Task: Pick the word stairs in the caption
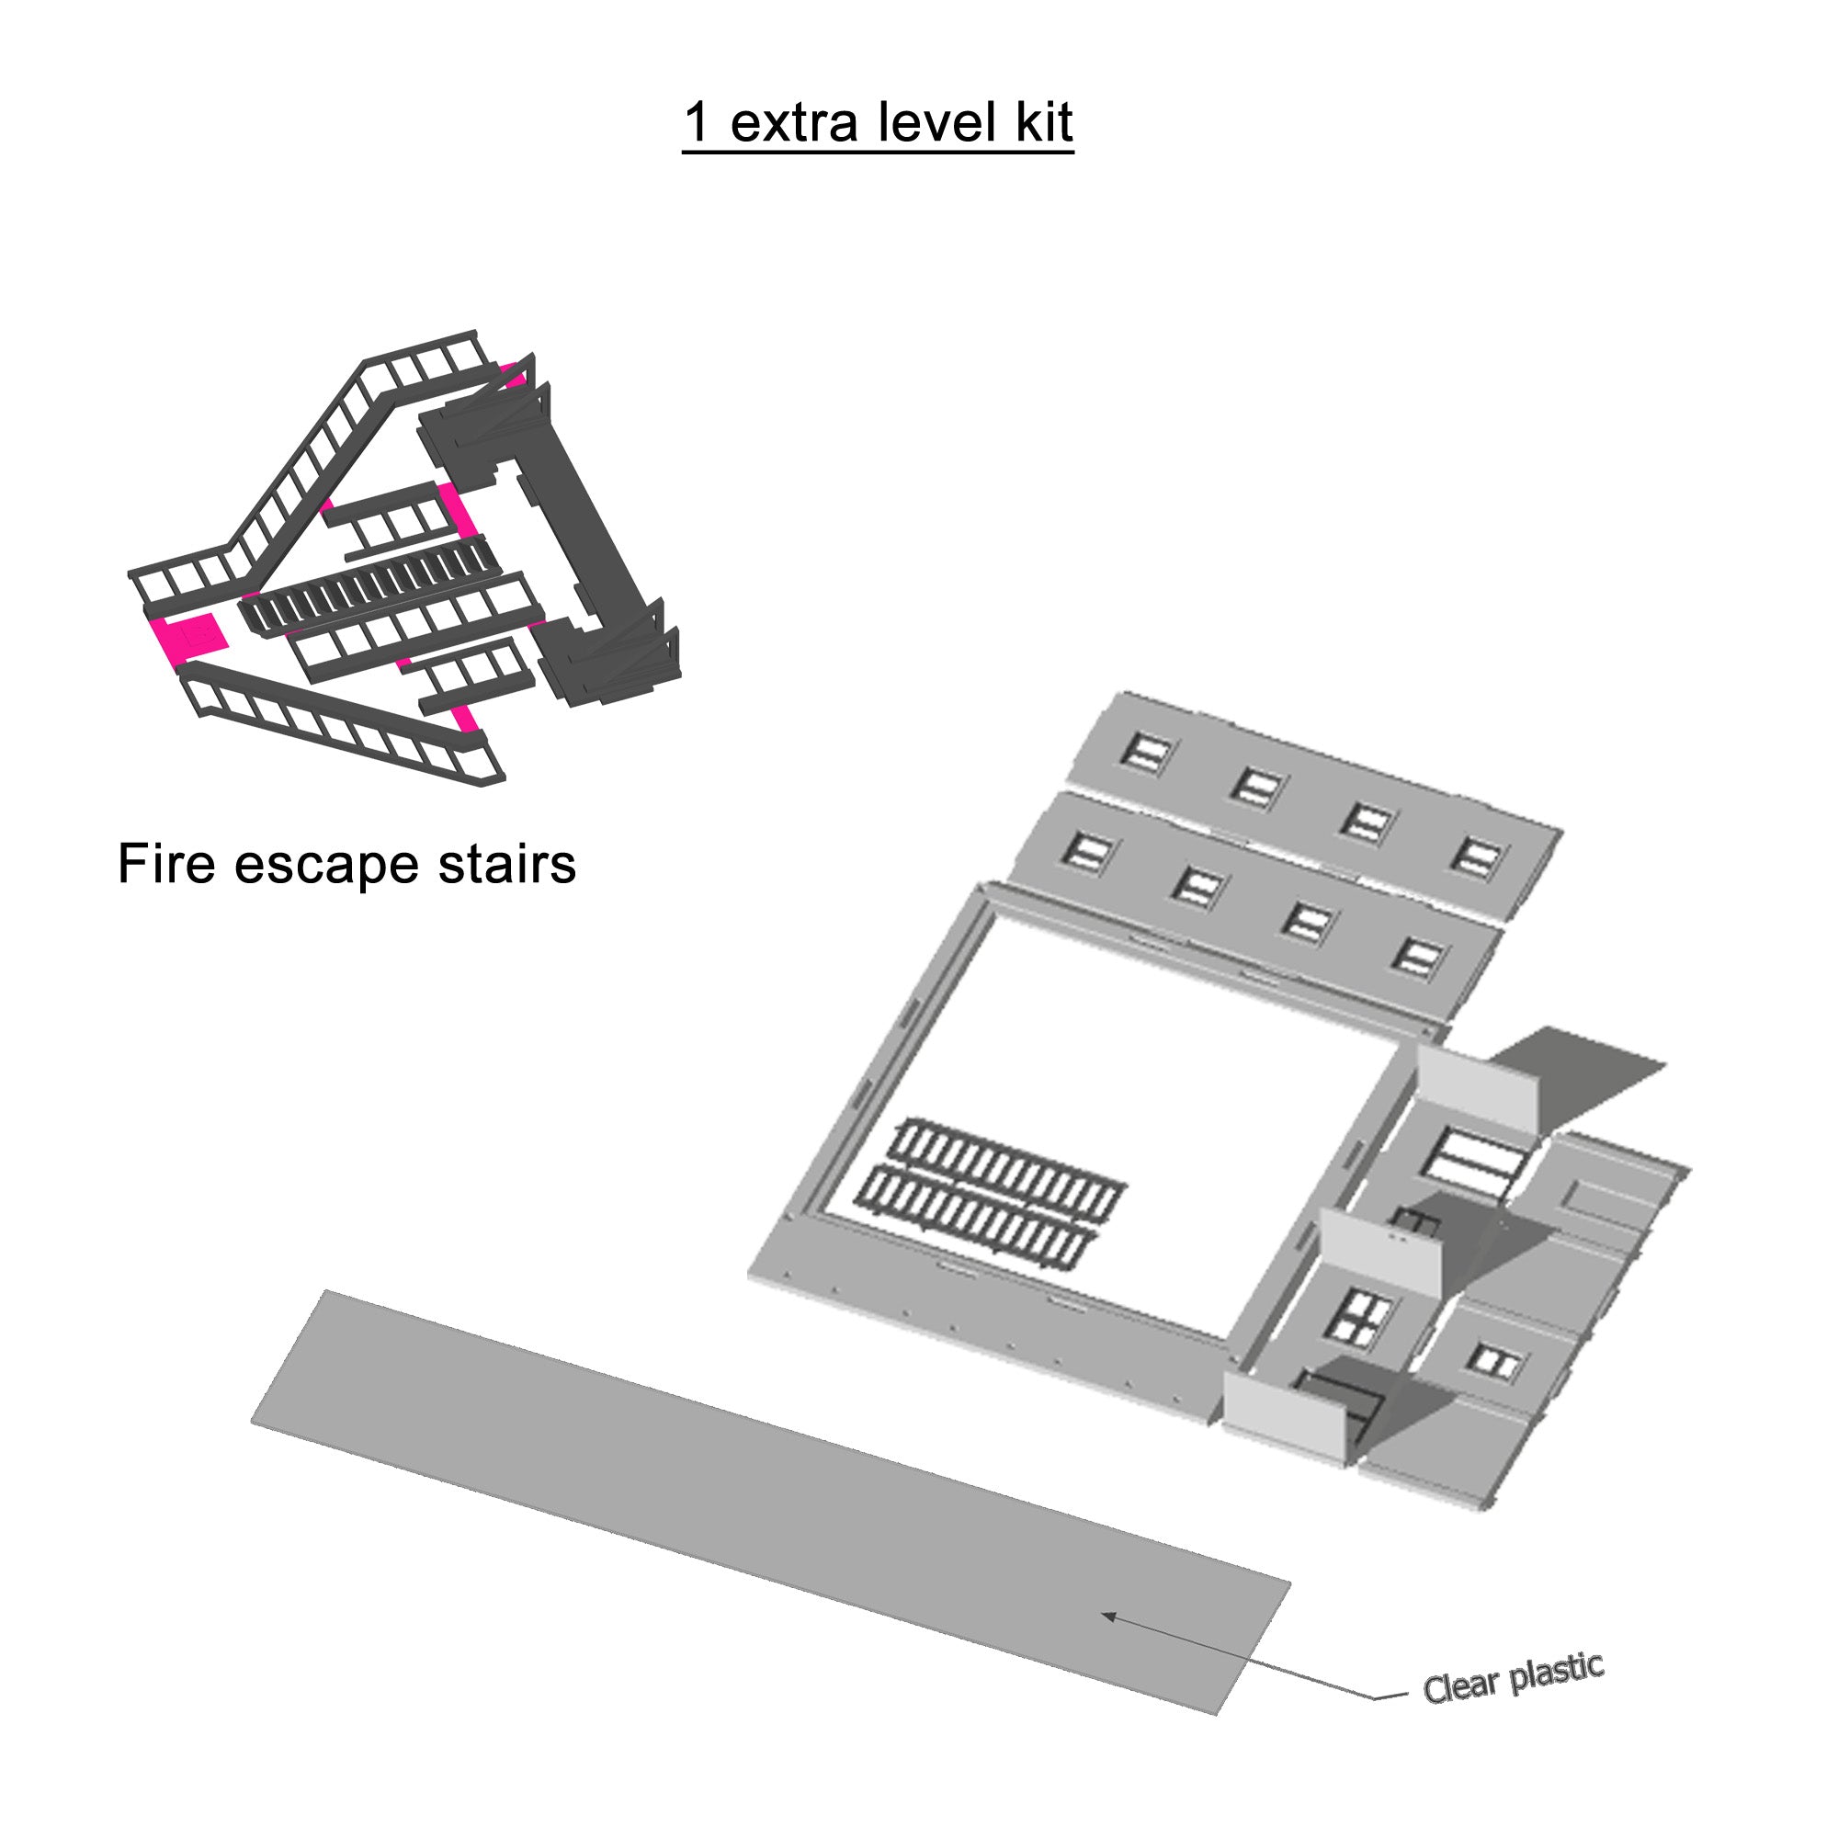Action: coord(506,864)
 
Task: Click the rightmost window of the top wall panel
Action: coord(1478,858)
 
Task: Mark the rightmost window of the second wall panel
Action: coord(1417,958)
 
